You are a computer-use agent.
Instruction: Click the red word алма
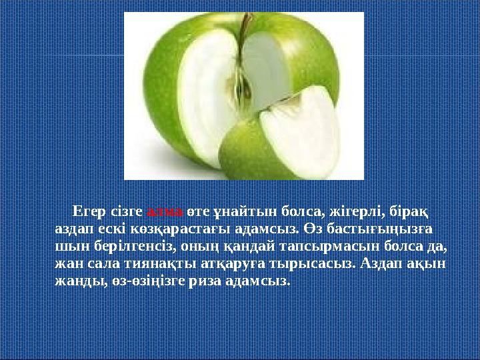pos(165,211)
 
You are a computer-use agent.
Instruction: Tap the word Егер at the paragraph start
pos(89,211)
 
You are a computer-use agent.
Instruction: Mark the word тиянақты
pos(137,263)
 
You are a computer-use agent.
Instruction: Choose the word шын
pos(67,246)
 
